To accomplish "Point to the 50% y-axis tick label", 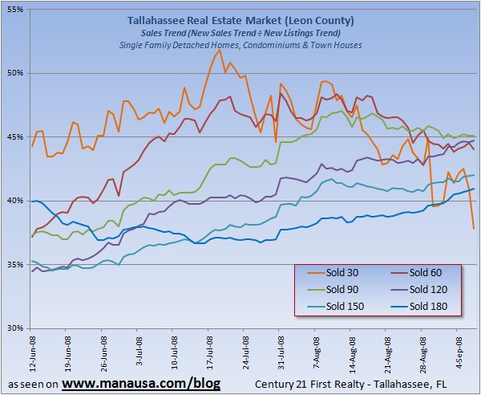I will coord(16,73).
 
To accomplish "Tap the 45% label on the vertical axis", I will coord(16,136).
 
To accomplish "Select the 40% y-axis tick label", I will coord(16,201).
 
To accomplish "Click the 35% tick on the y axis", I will coord(16,264).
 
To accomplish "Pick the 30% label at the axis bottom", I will coord(16,328).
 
